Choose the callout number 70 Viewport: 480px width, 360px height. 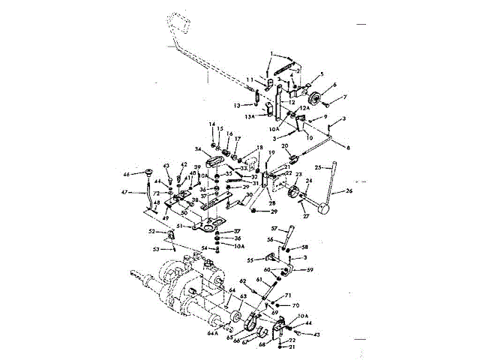click(x=295, y=305)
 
